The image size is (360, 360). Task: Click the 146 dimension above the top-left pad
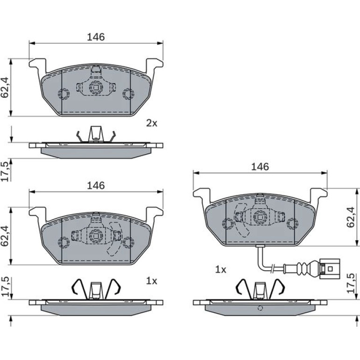click(x=96, y=37)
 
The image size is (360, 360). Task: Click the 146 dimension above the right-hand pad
click(x=260, y=167)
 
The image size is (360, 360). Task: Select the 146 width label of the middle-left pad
click(x=96, y=186)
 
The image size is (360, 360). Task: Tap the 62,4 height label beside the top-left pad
click(x=5, y=87)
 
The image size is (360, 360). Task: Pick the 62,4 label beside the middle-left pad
click(x=5, y=236)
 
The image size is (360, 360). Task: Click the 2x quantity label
click(x=152, y=123)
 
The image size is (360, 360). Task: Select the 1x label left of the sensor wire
click(x=221, y=270)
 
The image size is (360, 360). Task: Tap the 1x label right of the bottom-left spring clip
click(x=152, y=281)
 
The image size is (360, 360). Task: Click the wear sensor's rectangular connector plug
click(x=330, y=269)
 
